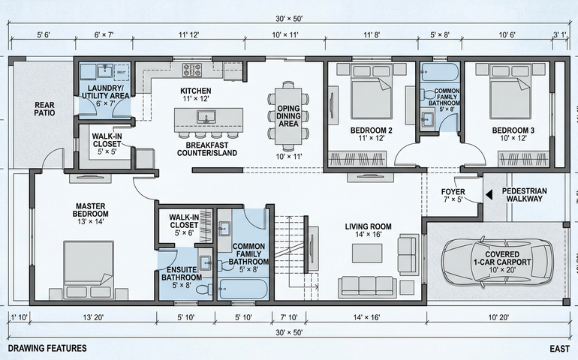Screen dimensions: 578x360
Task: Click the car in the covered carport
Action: tap(498, 262)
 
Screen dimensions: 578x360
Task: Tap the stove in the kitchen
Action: tap(192, 70)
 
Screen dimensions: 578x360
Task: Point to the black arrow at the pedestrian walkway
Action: tap(489, 195)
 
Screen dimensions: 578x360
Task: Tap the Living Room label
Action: tap(368, 230)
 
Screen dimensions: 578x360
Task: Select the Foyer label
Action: tap(453, 195)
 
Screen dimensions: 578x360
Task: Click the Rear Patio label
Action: tap(44, 109)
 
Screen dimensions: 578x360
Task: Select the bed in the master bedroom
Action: tap(89, 270)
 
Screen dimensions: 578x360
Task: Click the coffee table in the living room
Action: tap(367, 253)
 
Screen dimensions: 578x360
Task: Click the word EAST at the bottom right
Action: tap(559, 349)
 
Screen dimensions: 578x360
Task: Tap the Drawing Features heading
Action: tap(47, 348)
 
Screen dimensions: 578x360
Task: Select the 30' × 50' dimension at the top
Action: tap(289, 19)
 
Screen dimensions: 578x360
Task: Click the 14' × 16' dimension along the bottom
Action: tap(366, 317)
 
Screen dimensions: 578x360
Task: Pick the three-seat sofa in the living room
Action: tap(367, 286)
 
